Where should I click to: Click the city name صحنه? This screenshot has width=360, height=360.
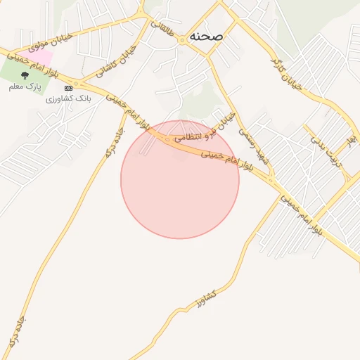tap(206, 36)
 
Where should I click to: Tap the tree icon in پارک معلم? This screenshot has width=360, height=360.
tap(25, 74)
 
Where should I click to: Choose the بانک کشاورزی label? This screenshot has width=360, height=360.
tap(68, 98)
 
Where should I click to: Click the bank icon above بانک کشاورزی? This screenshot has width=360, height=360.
tap(68, 88)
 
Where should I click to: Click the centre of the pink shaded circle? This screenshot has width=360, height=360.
tap(180, 179)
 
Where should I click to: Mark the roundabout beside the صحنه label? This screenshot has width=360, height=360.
tap(181, 40)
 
